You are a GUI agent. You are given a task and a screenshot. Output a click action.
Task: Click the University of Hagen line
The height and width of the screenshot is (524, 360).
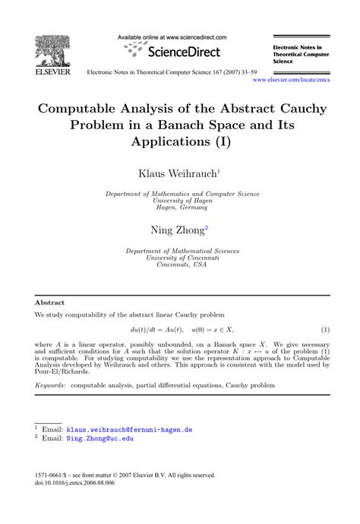[182, 200]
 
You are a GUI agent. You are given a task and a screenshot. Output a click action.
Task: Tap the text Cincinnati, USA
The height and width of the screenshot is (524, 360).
[182, 266]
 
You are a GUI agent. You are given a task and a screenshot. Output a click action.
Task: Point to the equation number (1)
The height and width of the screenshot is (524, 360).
[325, 330]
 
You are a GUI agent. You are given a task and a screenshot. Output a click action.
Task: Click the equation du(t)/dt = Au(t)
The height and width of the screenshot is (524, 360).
[156, 330]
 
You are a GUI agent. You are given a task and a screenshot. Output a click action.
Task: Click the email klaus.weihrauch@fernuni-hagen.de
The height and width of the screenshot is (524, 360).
[130, 429]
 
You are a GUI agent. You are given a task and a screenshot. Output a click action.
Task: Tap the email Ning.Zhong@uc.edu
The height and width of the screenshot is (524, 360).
[99, 438]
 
